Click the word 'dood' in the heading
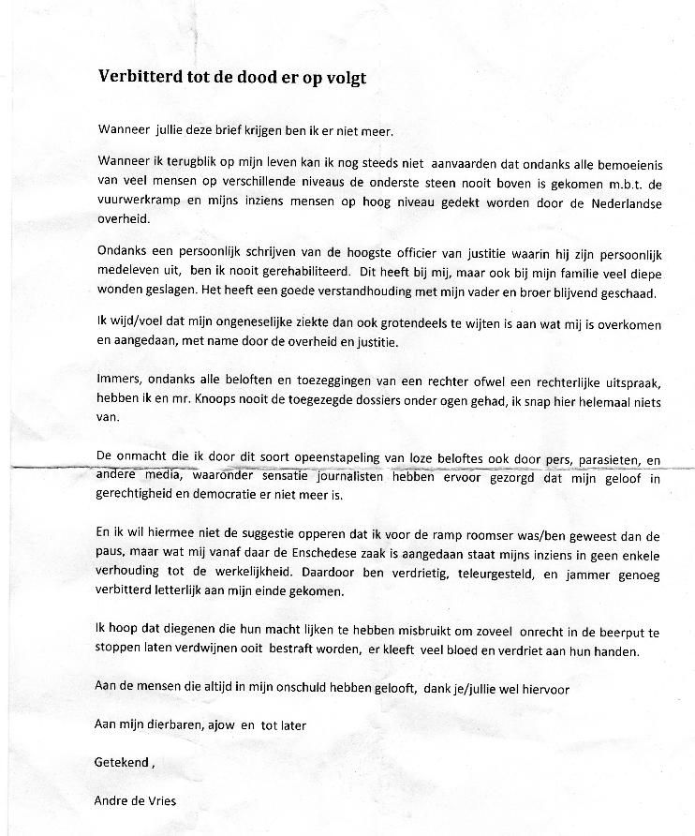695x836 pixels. [x=238, y=77]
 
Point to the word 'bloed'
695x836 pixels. [x=491, y=651]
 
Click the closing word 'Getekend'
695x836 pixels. [x=121, y=762]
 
